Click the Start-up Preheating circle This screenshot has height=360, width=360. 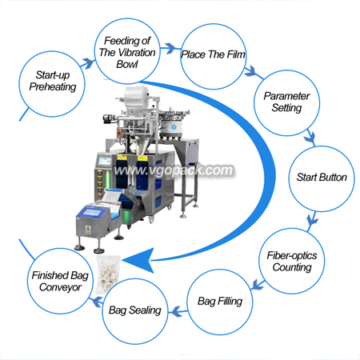52,84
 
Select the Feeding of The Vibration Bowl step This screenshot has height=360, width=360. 127,51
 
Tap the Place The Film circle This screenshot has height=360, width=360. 213,56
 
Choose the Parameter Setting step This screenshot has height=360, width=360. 286,103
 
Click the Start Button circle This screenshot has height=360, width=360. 322,178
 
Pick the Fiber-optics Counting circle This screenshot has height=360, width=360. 292,261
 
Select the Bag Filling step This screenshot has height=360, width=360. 220,302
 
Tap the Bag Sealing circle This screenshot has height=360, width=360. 135,311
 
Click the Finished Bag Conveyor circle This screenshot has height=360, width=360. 60,281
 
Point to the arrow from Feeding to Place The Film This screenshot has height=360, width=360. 170,48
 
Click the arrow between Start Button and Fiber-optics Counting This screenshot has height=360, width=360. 312,221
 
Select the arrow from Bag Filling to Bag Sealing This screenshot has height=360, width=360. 178,311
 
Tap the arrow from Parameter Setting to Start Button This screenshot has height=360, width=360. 310,138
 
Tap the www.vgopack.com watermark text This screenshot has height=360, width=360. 174,170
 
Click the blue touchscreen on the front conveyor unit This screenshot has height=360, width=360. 92,213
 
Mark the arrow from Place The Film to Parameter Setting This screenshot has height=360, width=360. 253,73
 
